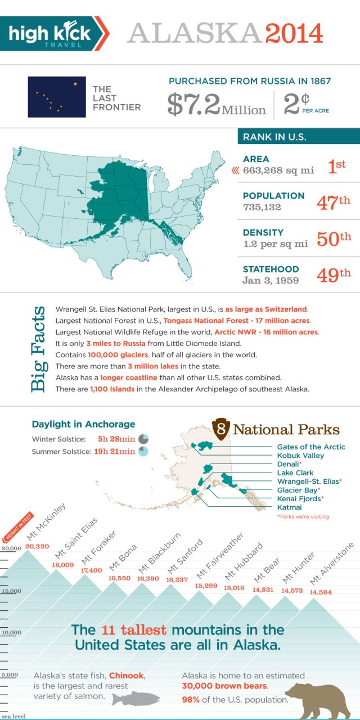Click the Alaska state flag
(57, 97)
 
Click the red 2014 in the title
(295, 34)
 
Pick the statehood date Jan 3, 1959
(271, 280)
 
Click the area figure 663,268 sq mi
(278, 170)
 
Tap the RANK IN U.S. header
(274, 137)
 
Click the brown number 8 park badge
(222, 430)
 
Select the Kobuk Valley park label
(300, 456)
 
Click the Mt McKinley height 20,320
(38, 546)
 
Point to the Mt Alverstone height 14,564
(321, 592)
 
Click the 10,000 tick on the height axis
(11, 632)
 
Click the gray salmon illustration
(136, 699)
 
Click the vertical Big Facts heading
(38, 349)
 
